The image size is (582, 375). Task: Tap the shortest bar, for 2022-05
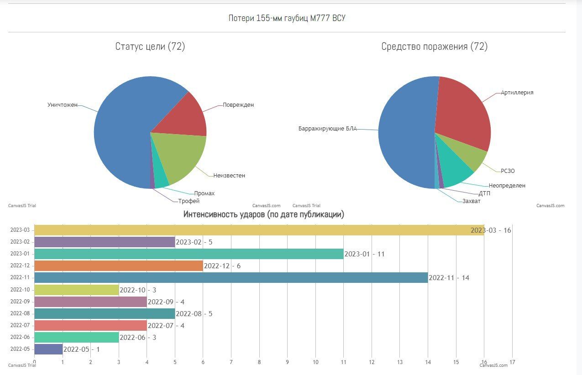coord(48,349)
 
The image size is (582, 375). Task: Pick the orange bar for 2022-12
coord(118,266)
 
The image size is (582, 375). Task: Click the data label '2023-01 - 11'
coord(364,254)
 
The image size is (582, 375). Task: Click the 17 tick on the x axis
coord(512,362)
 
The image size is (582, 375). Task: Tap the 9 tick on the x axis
coord(287,362)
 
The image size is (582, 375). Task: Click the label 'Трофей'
coord(189,201)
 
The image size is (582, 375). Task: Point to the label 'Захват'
coord(471,201)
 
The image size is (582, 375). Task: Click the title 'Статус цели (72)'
coord(150,47)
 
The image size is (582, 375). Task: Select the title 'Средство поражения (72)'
coord(434,47)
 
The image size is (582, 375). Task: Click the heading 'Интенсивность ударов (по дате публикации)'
coord(264,214)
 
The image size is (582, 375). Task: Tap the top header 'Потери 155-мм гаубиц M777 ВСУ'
coord(287,18)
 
